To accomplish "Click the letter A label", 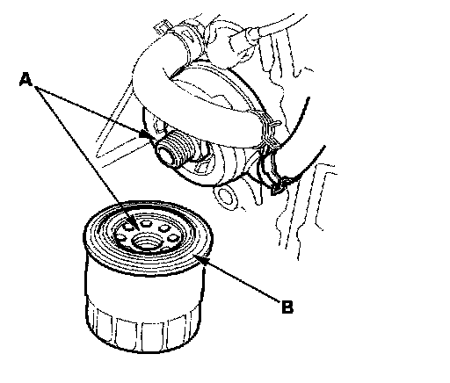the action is point(25,80).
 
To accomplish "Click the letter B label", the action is point(287,307).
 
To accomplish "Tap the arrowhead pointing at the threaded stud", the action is point(144,134).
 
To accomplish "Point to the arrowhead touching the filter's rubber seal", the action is point(199,258).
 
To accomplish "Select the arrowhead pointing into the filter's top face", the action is point(135,226).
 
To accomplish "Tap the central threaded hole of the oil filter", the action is point(145,242).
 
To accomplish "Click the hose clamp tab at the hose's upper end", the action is point(162,27).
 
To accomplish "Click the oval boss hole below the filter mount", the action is point(225,196).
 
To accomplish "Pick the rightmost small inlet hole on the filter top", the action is point(173,237).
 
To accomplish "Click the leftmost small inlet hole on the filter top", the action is point(121,236).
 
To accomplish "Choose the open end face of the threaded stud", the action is point(164,153).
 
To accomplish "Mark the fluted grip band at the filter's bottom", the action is point(143,331).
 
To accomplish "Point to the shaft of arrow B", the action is point(240,279).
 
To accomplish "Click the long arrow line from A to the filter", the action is point(86,155).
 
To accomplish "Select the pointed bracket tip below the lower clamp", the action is point(275,190).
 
